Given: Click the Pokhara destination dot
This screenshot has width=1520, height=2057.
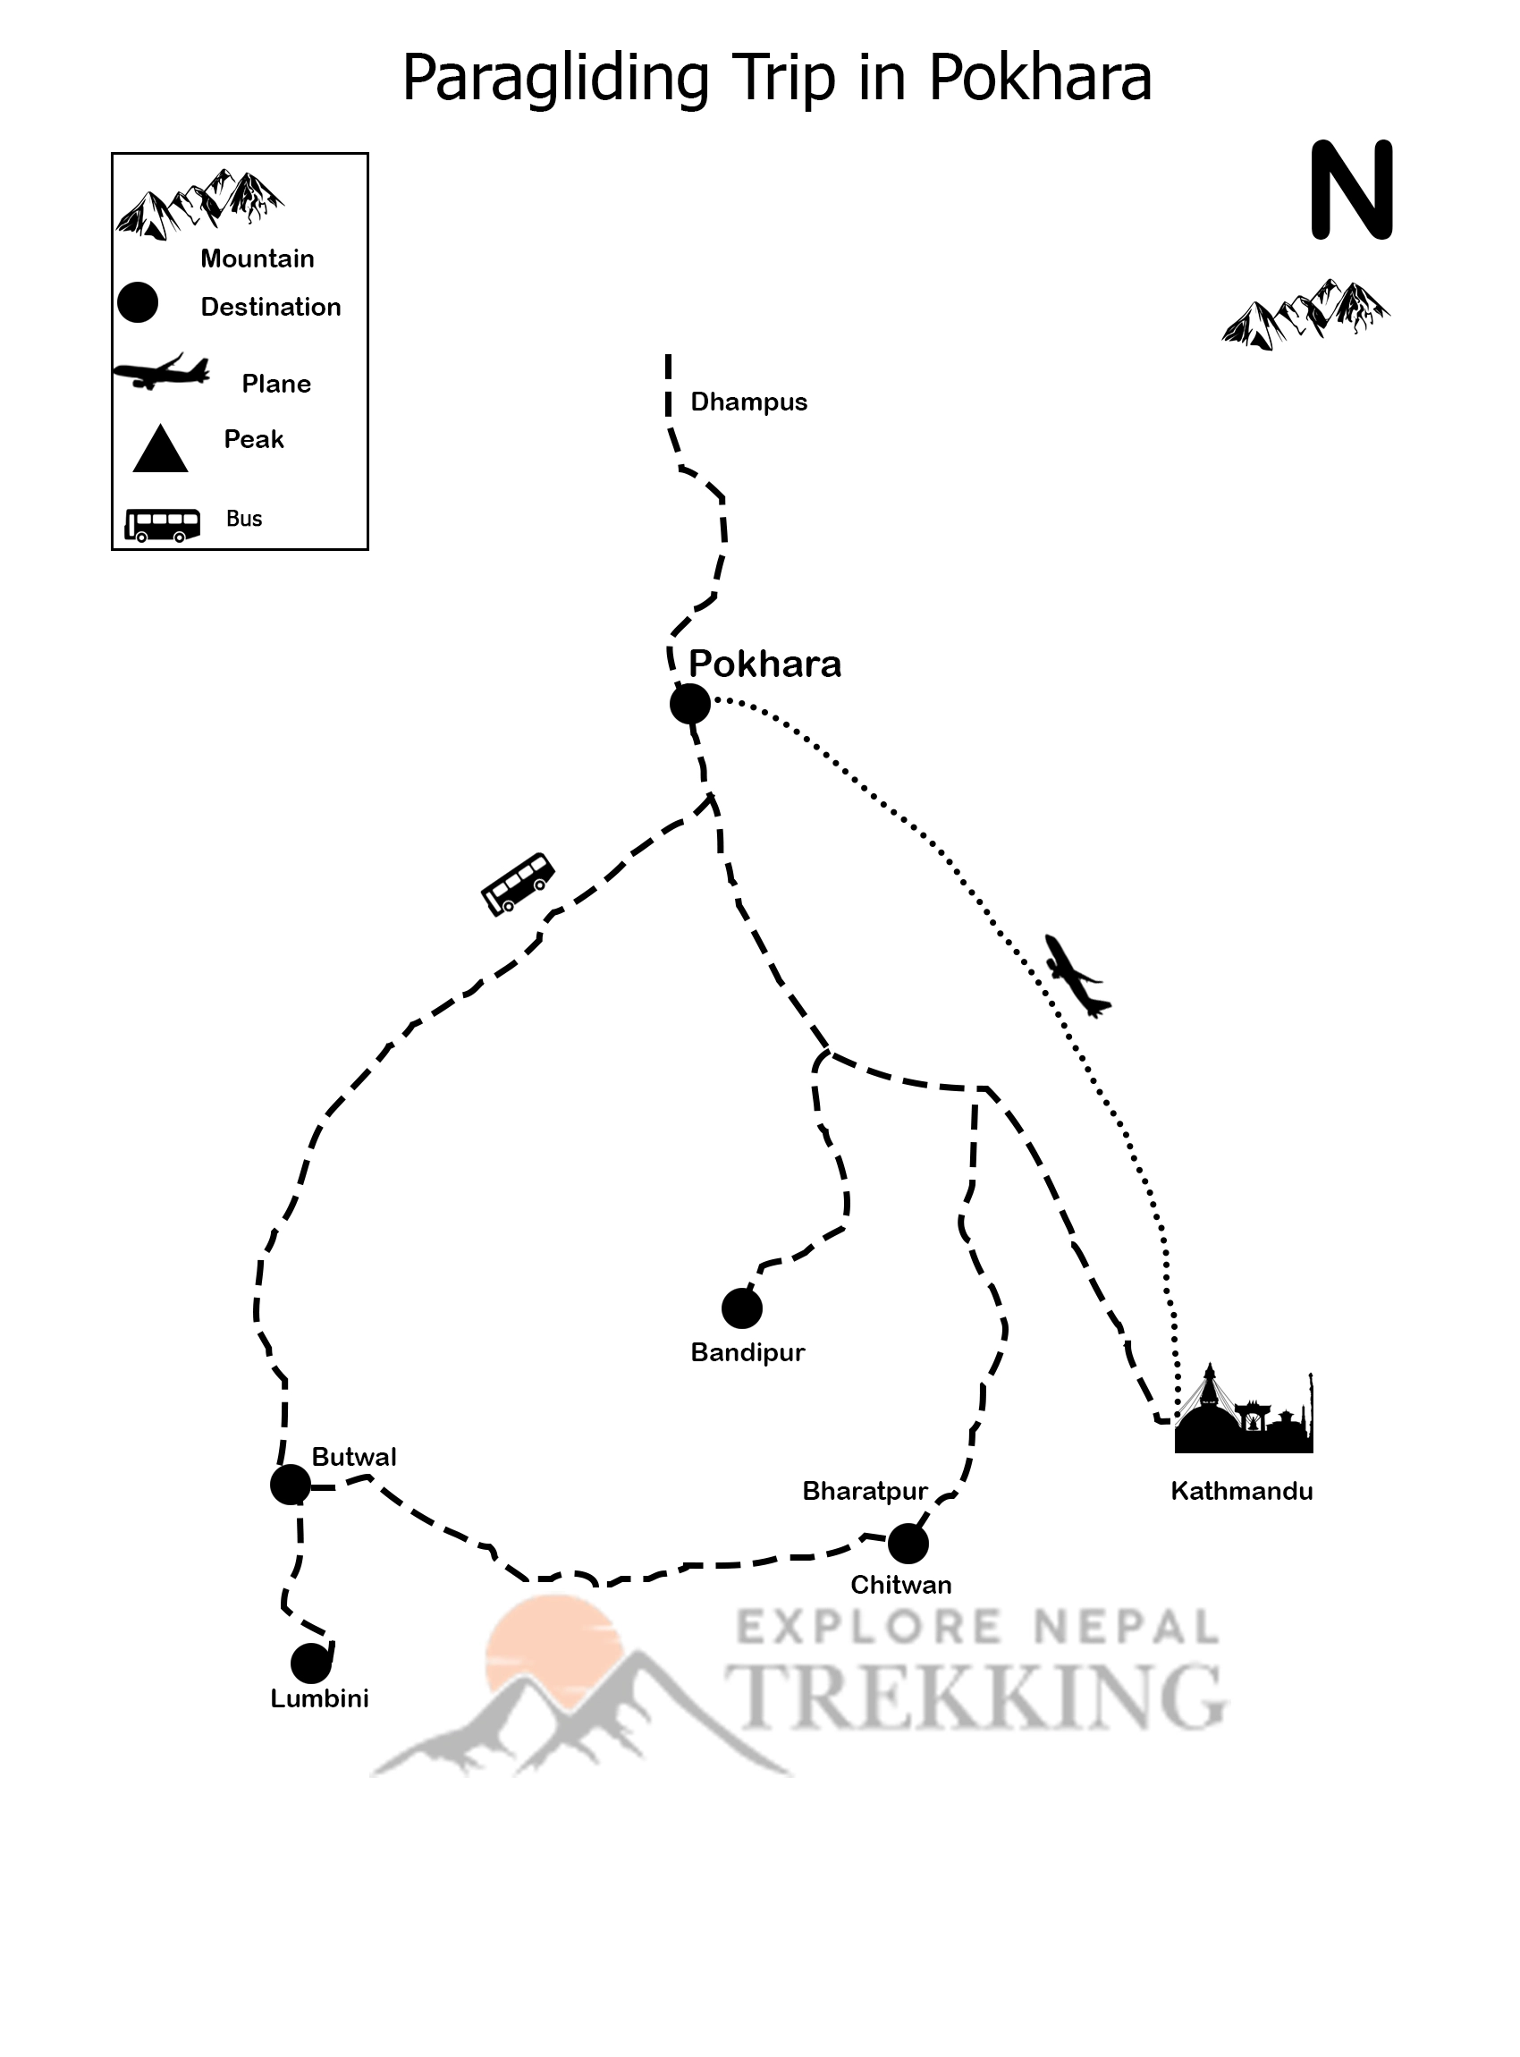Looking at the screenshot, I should coord(690,704).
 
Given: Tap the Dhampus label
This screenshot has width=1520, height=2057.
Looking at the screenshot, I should coord(748,402).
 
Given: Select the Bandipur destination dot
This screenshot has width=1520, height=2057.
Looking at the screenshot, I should coord(741,1308).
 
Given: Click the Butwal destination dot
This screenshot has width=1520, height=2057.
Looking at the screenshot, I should coord(290,1485).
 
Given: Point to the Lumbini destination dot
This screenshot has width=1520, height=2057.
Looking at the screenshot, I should coord(311,1663).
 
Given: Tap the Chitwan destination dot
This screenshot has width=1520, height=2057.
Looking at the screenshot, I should coord(908,1544).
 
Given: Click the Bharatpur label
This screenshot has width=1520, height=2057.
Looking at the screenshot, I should coord(864,1491).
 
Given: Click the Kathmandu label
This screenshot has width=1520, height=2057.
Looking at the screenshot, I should coord(1241,1491).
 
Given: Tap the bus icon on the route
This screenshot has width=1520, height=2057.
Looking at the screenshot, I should coord(518,883).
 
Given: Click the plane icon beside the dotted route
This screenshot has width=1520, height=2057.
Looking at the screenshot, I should coord(1076,976).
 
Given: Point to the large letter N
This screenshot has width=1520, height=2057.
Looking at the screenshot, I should coord(1352,190).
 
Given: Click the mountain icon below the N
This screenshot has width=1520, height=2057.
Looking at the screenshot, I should coord(1305,315).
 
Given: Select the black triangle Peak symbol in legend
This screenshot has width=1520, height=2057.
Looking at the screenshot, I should coord(160,451).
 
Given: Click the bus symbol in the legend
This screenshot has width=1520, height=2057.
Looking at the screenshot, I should coord(163,525).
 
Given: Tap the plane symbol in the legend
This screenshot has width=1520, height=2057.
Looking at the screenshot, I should coord(161,372).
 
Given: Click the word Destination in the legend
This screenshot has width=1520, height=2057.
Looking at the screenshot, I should coord(271,307).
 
